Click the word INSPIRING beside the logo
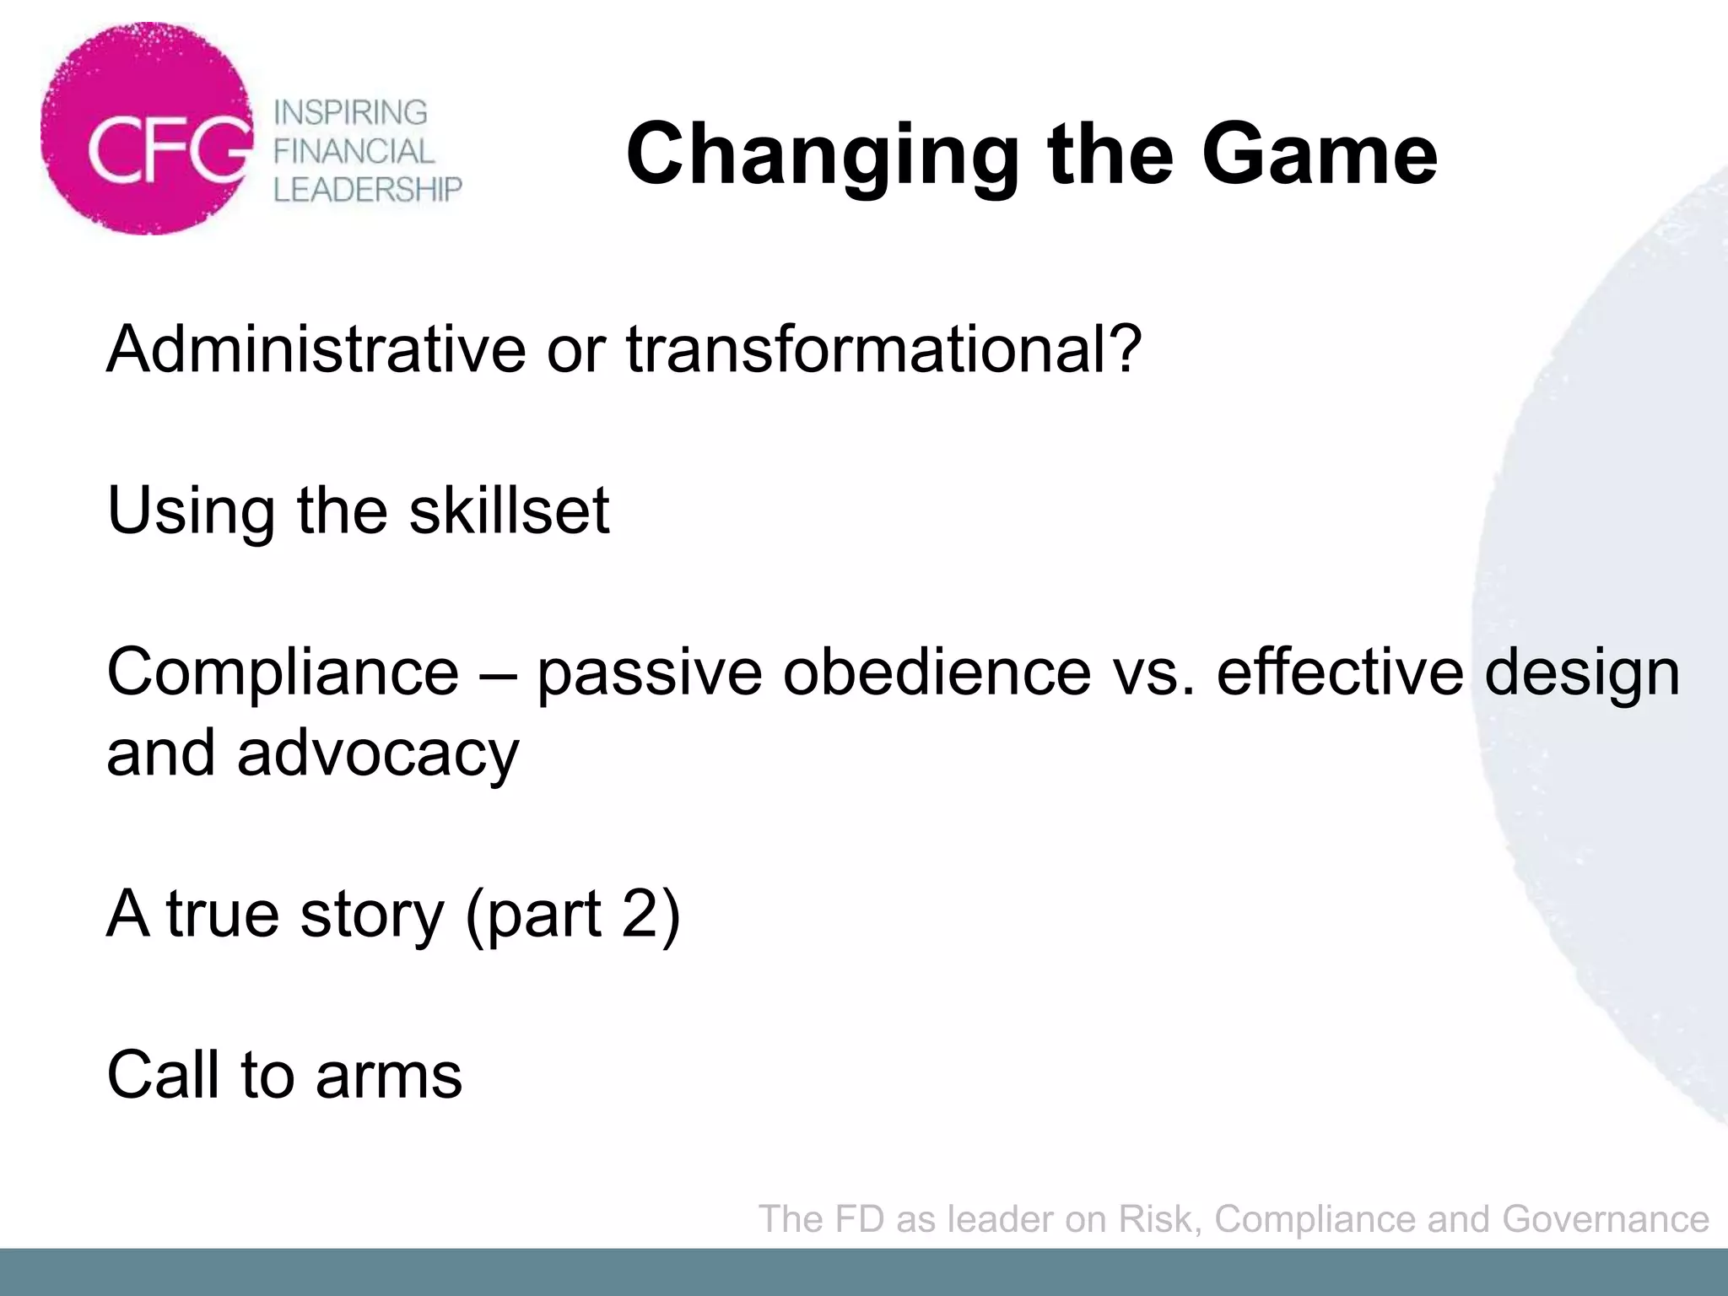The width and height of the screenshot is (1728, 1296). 351,112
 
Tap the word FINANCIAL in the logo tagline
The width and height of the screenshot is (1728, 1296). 354,151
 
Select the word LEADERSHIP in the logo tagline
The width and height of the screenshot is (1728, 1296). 368,190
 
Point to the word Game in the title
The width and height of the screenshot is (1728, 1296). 1319,154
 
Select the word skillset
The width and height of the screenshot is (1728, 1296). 509,510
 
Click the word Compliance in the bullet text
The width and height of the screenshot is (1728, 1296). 283,673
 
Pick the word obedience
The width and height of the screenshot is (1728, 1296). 937,672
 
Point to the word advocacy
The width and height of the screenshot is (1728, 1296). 378,753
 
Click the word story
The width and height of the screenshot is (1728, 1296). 371,914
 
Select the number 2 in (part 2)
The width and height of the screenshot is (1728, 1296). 640,913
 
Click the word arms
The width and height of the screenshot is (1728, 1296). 389,1076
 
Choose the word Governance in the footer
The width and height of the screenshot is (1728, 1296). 1606,1219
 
